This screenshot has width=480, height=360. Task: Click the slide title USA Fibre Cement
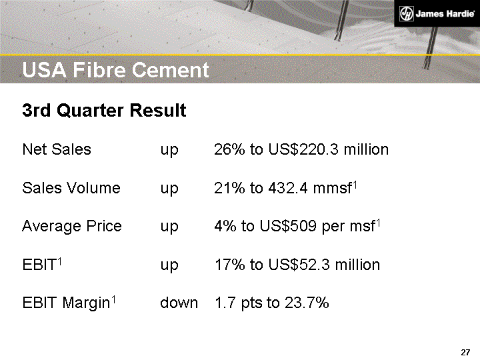click(115, 70)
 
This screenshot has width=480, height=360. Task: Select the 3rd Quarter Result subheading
click(104, 111)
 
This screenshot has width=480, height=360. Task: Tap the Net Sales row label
click(57, 149)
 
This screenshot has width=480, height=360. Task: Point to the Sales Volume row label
click(71, 188)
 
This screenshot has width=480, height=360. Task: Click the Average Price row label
click(72, 227)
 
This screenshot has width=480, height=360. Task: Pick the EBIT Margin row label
click(67, 303)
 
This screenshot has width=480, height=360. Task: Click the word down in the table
click(179, 303)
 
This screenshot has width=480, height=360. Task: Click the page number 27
click(466, 352)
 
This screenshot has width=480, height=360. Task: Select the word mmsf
click(335, 188)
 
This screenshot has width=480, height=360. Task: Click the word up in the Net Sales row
click(169, 150)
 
